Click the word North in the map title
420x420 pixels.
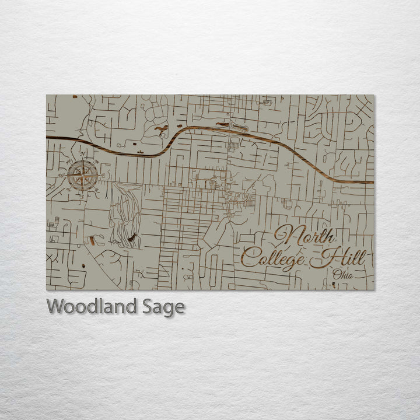pos(304,236)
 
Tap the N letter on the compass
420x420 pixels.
pos(83,155)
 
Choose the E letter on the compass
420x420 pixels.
pos(103,175)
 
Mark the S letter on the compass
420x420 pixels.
pos(83,195)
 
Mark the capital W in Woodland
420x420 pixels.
pos(56,306)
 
